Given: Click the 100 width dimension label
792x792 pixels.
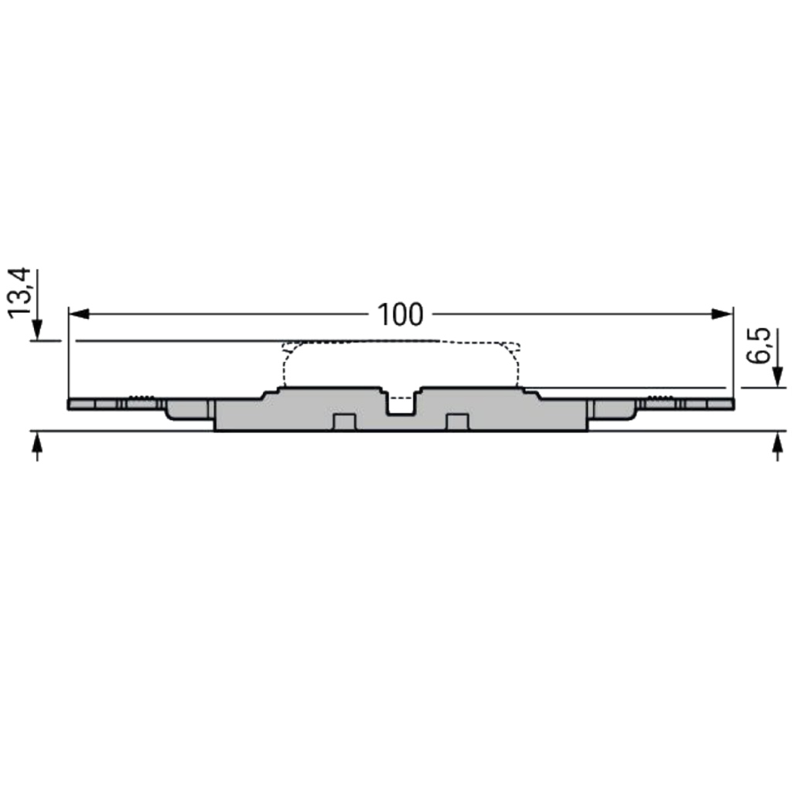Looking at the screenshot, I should pyautogui.click(x=400, y=314).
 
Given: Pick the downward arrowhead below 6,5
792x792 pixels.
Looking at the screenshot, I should pyautogui.click(x=777, y=378).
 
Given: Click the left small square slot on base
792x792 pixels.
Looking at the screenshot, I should pyautogui.click(x=343, y=422).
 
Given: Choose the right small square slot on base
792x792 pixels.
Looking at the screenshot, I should pyautogui.click(x=458, y=422).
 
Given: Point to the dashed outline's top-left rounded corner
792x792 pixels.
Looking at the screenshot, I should pyautogui.click(x=288, y=347).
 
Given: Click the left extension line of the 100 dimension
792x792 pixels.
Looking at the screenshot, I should pyautogui.click(x=69, y=356).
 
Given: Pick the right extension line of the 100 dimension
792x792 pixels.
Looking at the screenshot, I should pyautogui.click(x=732, y=356).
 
